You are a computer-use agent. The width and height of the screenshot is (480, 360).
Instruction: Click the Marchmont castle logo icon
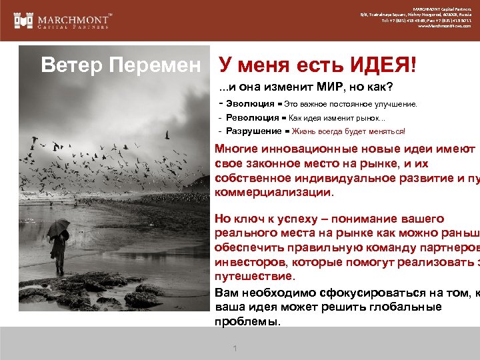(24, 20)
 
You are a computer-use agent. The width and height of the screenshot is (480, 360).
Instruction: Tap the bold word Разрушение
(254, 131)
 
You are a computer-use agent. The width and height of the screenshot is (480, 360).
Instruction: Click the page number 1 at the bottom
(235, 349)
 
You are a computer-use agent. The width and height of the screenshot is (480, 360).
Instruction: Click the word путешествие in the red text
(253, 276)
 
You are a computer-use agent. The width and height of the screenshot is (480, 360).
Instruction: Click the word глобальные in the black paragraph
(400, 307)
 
